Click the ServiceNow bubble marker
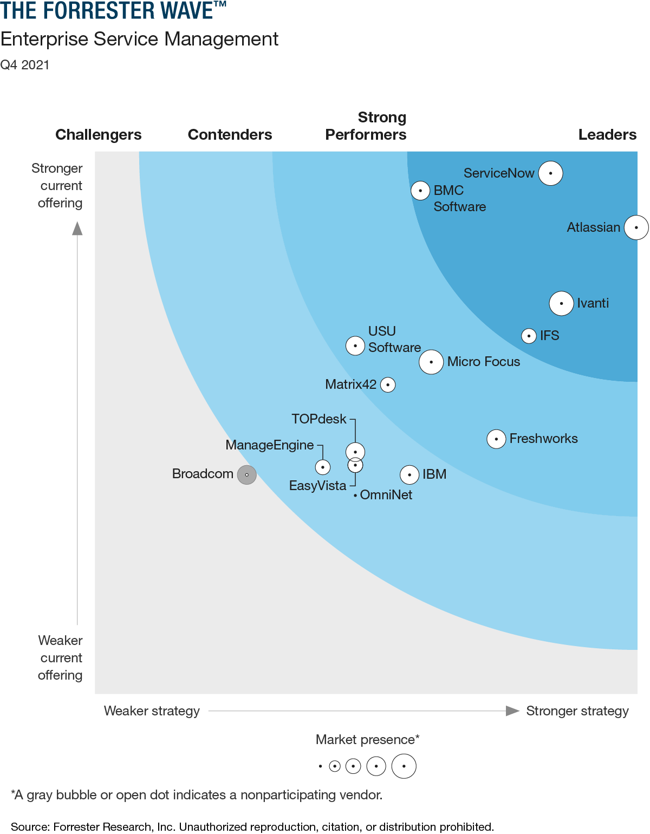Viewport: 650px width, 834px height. pos(550,173)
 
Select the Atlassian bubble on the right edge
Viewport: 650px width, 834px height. pos(636,227)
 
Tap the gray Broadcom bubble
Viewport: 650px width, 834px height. pos(246,475)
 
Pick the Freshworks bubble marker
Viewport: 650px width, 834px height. pos(496,439)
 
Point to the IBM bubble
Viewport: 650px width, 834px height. pos(409,475)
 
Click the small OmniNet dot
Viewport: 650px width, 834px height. pos(355,495)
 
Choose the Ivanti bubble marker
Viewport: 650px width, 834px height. pos(561,303)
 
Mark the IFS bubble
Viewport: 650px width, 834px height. pos(529,336)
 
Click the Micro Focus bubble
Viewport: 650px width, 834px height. pos(431,362)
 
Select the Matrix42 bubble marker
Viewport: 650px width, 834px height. pos(388,385)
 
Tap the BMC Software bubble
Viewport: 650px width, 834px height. pos(420,191)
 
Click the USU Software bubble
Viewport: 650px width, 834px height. pos(355,346)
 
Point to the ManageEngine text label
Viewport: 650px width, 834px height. pos(269,445)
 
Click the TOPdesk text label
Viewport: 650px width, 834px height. pos(318,419)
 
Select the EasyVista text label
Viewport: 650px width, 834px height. pos(317,486)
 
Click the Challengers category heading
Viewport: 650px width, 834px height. pos(98,135)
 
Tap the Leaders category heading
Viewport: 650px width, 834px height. pos(607,135)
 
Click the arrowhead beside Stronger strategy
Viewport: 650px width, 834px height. pos(512,711)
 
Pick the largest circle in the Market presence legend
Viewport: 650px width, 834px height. pos(404,766)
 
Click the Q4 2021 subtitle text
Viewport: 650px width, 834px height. pos(25,65)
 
